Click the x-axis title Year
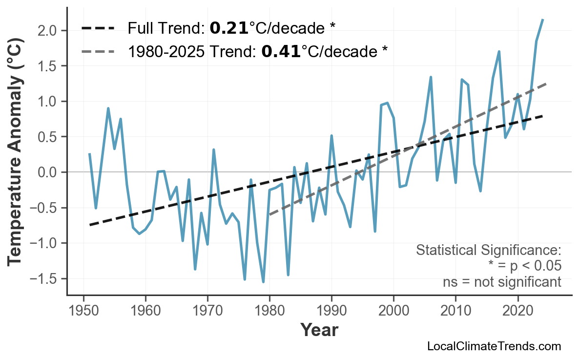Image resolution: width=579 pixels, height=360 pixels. point(319,330)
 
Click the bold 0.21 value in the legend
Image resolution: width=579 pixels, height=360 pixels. point(229,28)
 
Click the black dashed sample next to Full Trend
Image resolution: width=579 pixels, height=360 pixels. point(98,28)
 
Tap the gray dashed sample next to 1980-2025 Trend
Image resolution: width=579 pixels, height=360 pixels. point(98,51)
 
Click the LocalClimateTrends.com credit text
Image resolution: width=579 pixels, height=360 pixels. point(494,346)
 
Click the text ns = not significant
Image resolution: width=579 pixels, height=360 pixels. point(502,282)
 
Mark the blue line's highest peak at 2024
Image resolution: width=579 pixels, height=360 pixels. point(543,20)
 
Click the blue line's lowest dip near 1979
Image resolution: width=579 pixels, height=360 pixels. point(263,282)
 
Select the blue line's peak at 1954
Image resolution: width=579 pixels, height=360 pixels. point(108,108)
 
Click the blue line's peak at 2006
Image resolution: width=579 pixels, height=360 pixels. point(431,77)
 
